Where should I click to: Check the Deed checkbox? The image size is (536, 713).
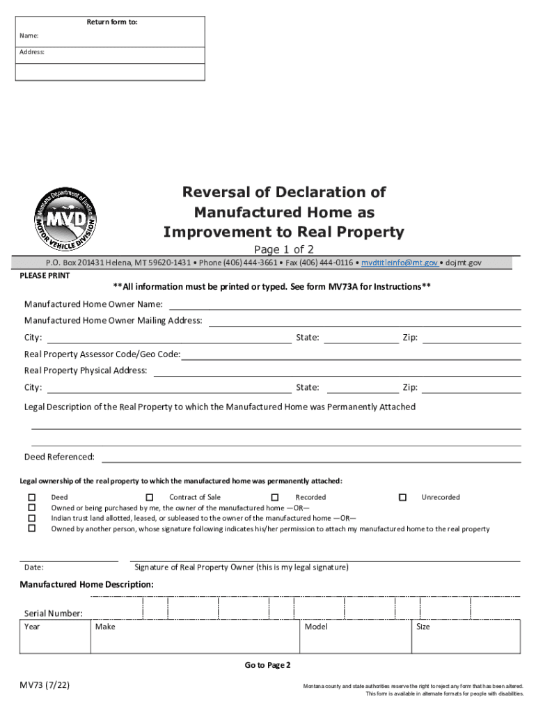tap(31, 497)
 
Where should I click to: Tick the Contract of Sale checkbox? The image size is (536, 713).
tap(149, 497)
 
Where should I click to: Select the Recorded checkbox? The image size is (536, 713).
tap(275, 497)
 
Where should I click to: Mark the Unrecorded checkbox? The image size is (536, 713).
tap(402, 497)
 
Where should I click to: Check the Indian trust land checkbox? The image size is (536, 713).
tap(31, 518)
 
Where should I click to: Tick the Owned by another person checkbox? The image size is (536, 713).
tap(31, 528)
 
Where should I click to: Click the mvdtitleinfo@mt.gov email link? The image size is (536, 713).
tap(399, 263)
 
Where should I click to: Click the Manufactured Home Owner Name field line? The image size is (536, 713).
tap(345, 304)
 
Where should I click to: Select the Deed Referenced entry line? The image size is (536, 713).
tap(311, 457)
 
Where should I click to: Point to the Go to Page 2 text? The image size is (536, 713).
tap(267, 666)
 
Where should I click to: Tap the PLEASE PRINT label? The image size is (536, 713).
tap(45, 275)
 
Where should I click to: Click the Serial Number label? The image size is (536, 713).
tap(54, 613)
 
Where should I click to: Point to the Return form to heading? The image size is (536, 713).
tap(111, 22)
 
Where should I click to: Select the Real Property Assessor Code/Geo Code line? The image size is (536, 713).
tap(351, 355)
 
